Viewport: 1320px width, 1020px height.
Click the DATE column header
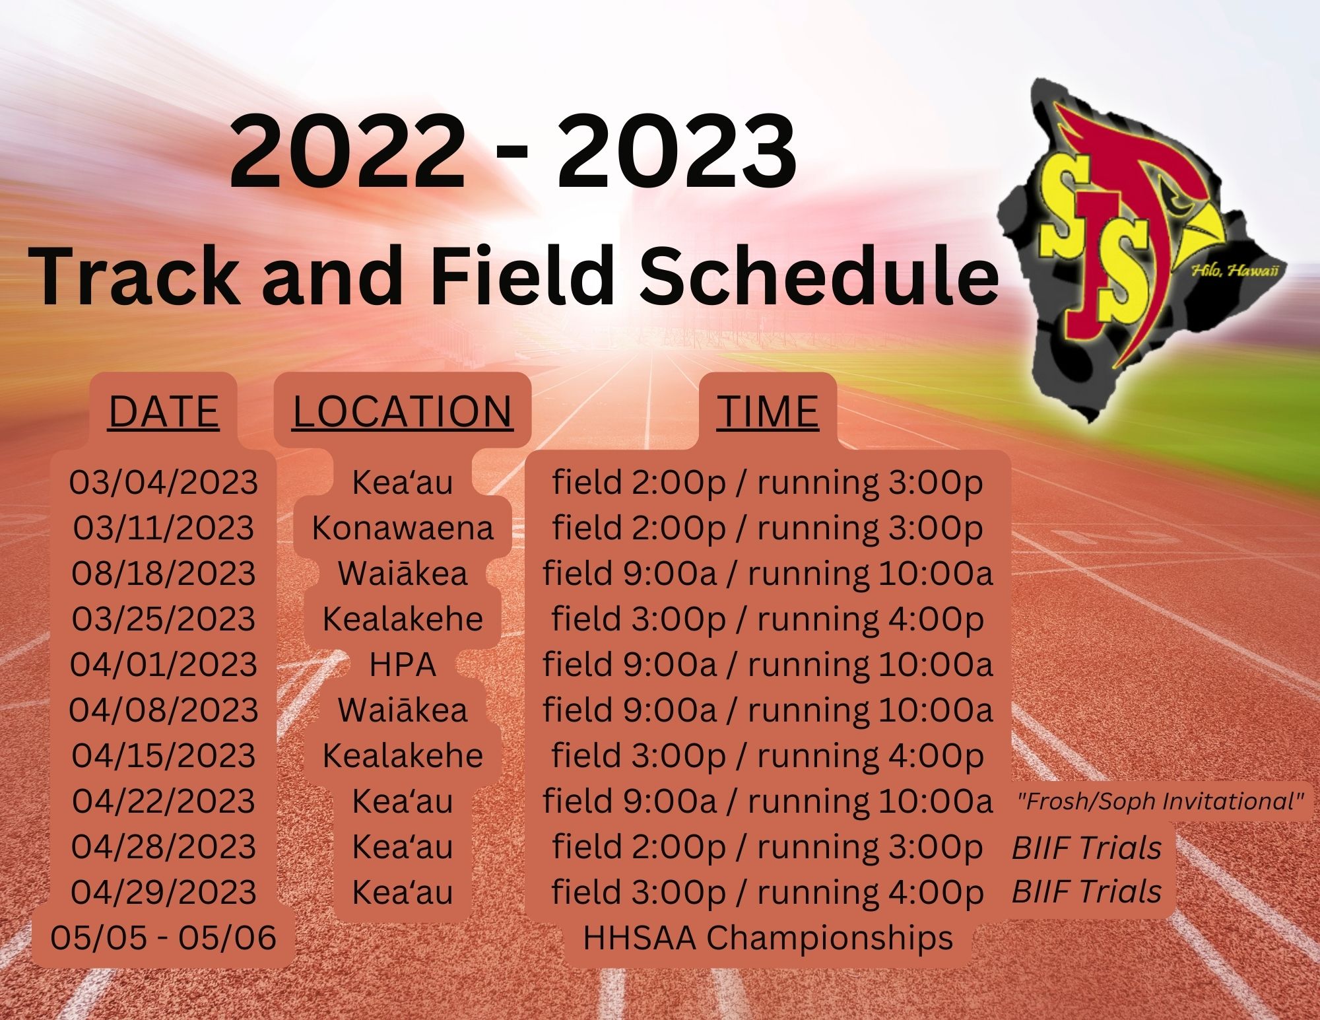point(164,411)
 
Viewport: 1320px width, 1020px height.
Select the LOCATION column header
point(403,411)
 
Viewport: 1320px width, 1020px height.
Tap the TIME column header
point(768,411)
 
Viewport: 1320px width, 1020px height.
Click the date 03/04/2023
point(164,482)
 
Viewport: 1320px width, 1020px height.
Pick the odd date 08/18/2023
point(164,573)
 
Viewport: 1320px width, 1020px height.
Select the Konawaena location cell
point(403,527)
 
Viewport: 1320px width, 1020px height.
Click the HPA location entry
point(403,664)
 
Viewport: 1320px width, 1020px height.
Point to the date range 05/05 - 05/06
point(163,937)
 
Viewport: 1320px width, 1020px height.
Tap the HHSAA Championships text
point(768,938)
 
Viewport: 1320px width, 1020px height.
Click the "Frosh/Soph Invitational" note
point(1161,801)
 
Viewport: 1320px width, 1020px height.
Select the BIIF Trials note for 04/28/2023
point(1086,848)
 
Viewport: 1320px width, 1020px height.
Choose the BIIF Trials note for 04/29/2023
point(1086,893)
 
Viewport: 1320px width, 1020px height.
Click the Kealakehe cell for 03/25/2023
point(403,619)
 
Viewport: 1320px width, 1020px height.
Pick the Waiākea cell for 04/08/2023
point(403,710)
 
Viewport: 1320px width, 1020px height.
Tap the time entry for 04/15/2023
point(768,756)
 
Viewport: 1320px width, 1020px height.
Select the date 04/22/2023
point(164,801)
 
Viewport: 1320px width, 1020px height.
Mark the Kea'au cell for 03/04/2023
point(403,482)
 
